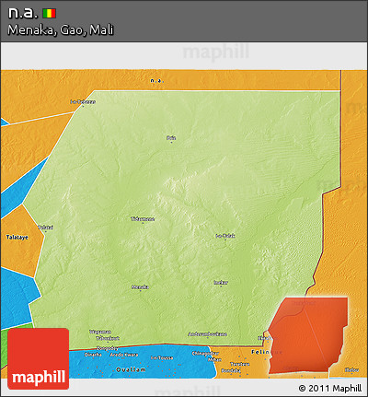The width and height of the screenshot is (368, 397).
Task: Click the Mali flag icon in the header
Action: (49, 13)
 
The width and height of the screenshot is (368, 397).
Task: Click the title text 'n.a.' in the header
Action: (22, 13)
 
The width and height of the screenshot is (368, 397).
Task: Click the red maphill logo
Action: (38, 360)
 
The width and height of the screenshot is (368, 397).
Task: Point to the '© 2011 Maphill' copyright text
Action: (330, 388)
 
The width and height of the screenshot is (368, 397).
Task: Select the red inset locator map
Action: (307, 336)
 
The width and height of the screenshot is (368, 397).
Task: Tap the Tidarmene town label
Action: (143, 219)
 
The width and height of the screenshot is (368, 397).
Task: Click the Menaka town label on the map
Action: (140, 286)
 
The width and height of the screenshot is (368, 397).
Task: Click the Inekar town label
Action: (220, 282)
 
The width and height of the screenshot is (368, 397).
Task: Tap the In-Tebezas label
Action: (84, 101)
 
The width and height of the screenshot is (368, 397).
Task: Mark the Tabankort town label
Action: (98, 338)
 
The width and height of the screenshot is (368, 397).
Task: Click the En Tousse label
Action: (162, 357)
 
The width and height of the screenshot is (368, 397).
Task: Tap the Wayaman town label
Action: (99, 332)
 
